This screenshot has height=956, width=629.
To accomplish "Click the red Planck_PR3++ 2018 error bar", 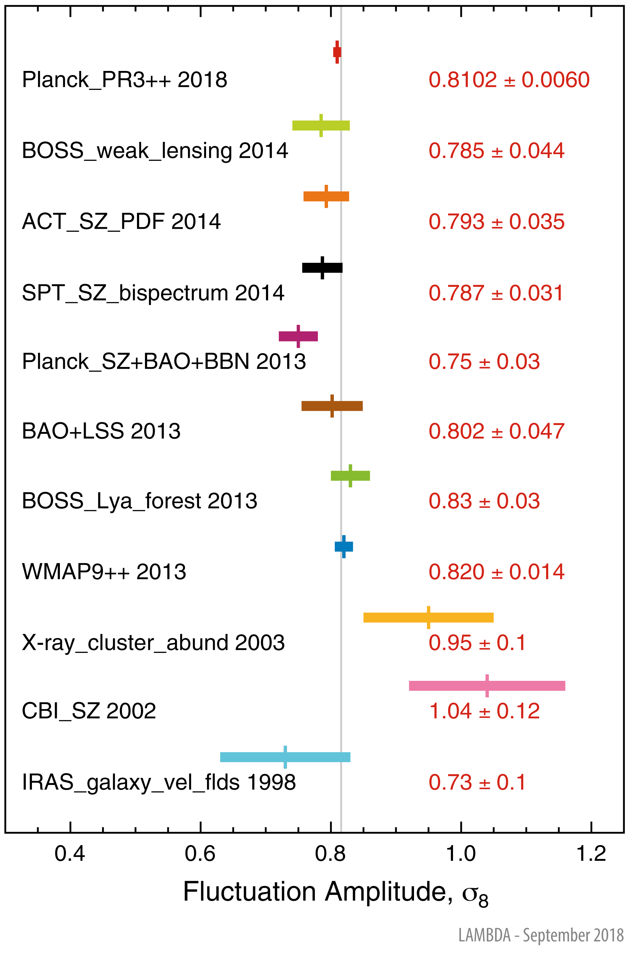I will point(337,52).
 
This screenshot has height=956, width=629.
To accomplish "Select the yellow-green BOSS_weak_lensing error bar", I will point(321,125).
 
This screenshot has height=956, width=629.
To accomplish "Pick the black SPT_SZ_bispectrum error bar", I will point(322,267).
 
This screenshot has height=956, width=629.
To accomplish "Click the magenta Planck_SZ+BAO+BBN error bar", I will point(298,336).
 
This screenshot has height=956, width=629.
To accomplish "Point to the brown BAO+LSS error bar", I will point(332,406).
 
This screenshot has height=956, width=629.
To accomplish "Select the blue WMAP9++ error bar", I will point(344,546).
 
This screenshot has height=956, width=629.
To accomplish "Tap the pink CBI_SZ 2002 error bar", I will point(487,686).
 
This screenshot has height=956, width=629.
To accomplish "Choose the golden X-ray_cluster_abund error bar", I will point(428,617).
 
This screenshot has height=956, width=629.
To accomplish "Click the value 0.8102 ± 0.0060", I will point(509,80).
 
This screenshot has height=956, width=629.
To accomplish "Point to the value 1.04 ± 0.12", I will point(484,711).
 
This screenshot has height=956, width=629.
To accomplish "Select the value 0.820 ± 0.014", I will point(496,572).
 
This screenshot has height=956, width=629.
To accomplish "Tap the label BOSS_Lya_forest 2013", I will point(139,501).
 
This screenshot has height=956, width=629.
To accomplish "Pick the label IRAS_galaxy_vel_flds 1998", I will point(159,782).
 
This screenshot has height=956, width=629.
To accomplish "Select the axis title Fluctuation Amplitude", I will point(335,892).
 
